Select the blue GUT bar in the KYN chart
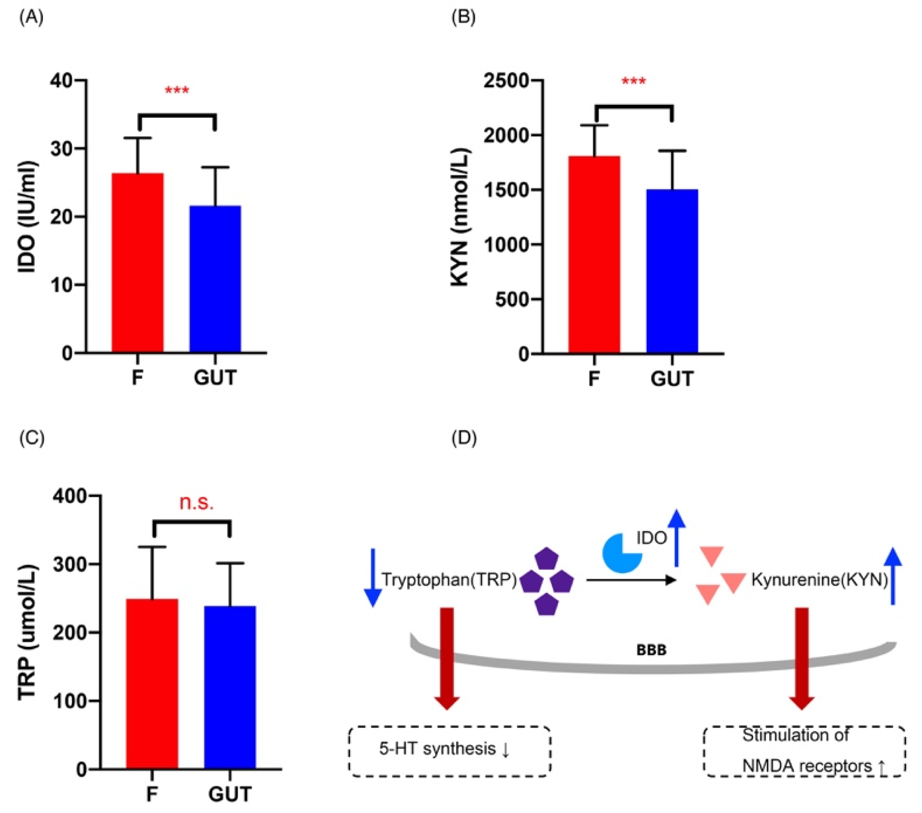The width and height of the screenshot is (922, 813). click(672, 271)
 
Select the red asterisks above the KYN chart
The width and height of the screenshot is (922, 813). click(634, 82)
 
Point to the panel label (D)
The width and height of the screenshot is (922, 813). click(464, 438)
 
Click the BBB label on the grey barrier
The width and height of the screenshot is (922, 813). click(651, 650)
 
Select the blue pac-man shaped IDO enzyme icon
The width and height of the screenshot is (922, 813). click(621, 553)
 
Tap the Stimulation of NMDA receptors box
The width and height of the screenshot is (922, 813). click(804, 751)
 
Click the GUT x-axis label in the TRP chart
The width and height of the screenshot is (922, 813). click(230, 794)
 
